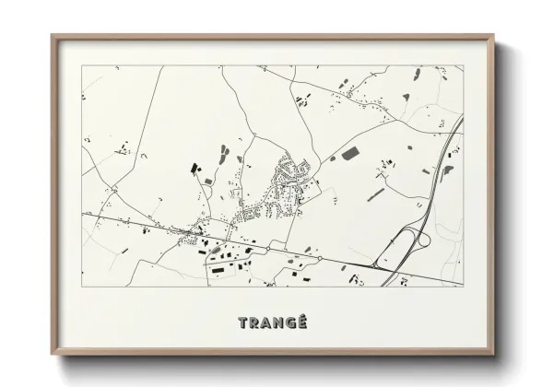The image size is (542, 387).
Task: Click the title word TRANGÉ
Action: pos(271,322)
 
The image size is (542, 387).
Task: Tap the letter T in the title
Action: pos(244,322)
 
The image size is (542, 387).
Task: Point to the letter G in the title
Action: pos(289,322)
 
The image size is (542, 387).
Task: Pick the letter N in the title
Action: pos(277,322)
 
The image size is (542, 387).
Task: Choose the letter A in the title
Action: pos(266,322)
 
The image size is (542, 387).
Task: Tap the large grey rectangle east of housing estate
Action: pos(352,154)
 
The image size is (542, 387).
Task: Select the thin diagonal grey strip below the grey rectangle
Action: pos(375,194)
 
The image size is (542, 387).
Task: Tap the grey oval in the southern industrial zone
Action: pos(216,250)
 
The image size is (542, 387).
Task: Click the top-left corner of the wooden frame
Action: pos(53,37)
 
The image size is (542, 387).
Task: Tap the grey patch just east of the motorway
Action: pos(448,170)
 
